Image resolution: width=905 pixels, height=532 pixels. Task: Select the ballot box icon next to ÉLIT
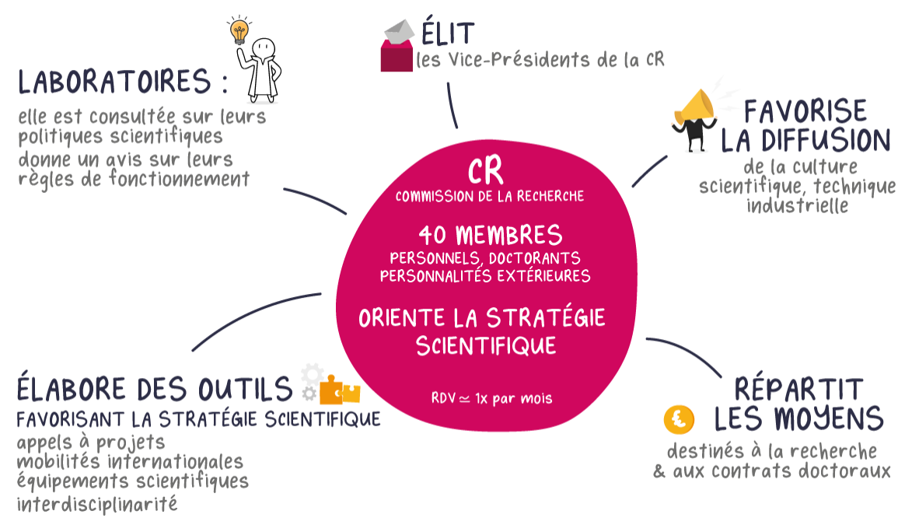(397, 46)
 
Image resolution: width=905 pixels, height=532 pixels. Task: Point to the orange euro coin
(679, 420)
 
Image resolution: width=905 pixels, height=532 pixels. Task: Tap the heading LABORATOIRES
(115, 82)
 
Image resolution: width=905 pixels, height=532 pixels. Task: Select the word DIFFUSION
(805, 140)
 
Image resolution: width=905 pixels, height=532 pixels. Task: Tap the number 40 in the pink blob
(434, 234)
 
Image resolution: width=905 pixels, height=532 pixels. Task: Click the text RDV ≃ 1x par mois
(491, 398)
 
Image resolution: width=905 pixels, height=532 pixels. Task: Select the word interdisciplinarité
(97, 504)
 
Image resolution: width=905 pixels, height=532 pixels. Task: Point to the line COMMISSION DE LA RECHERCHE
(489, 197)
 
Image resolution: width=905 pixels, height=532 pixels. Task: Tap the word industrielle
(797, 205)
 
